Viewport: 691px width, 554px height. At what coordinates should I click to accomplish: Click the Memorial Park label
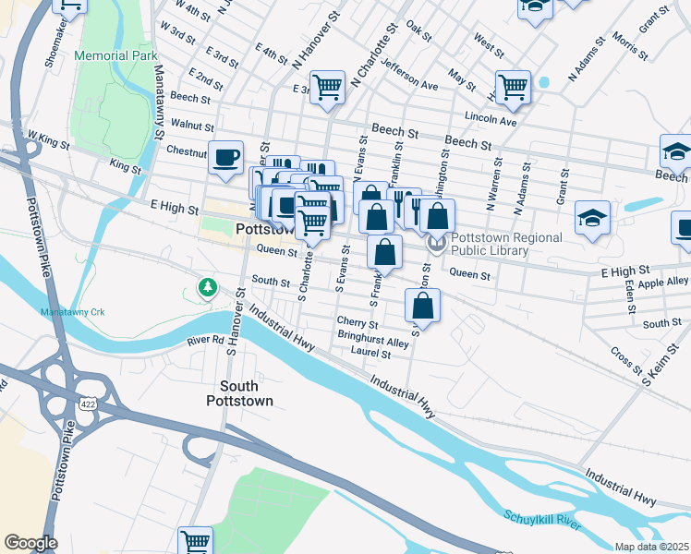pos(117,55)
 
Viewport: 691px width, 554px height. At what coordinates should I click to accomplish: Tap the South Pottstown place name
pos(246,393)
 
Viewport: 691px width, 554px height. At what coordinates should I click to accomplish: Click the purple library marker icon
pos(437,244)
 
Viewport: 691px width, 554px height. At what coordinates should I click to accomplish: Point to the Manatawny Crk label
pos(73,313)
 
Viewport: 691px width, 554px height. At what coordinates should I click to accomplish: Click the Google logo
pos(30,543)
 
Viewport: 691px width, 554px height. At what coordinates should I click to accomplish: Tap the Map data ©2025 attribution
pos(651,547)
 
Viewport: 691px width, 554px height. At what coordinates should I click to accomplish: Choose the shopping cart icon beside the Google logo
pos(196,540)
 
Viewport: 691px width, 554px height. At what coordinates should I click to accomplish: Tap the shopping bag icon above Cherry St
pos(422,306)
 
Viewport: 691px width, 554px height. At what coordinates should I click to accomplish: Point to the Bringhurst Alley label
pos(372,342)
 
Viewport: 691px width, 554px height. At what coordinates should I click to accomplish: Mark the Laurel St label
pos(371,354)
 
